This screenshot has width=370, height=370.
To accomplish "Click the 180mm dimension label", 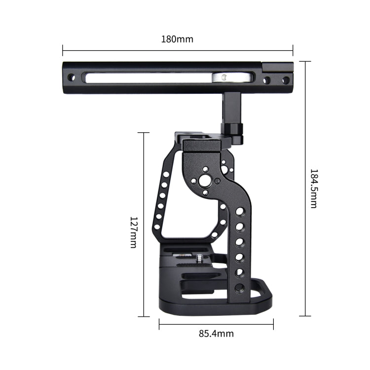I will (177, 38).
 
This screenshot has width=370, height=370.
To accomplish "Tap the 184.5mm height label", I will (313, 188).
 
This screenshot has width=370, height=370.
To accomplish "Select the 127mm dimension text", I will (133, 232).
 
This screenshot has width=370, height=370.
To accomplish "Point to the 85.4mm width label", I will (216, 333).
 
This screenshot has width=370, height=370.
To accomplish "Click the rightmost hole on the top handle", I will (285, 79).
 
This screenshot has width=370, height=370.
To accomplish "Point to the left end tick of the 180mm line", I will (63, 50).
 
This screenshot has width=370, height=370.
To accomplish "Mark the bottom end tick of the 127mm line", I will (144, 316).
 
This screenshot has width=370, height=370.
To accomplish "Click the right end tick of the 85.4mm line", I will (273, 324).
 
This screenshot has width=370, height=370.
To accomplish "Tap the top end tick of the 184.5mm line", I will (305, 61).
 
